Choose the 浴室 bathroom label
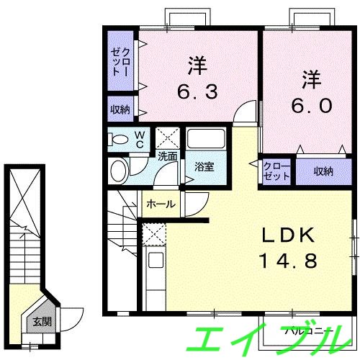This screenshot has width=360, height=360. [x=204, y=167]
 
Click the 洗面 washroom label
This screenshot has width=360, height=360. [x=168, y=156]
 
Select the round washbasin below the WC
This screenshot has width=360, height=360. [x=120, y=170]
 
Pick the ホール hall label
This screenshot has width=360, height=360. [x=161, y=204]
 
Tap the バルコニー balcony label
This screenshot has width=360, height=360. [x=306, y=332]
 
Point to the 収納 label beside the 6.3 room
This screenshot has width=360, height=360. [x=120, y=109]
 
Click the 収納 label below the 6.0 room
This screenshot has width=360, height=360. [x=323, y=171]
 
